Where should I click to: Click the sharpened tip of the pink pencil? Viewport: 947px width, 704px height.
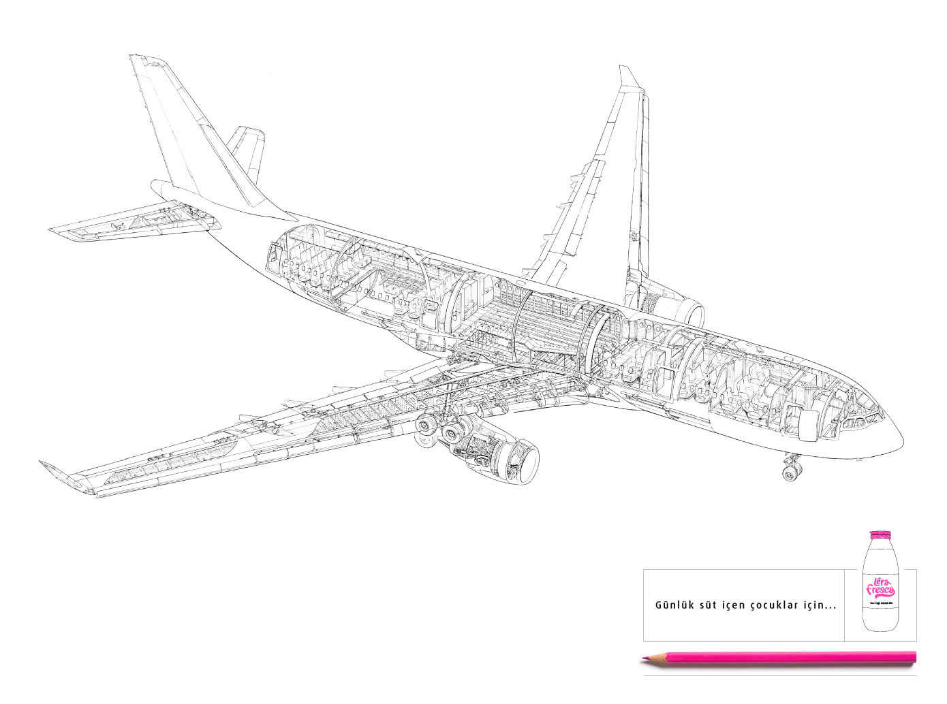(x=642, y=658)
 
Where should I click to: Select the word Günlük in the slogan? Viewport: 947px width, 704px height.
(x=672, y=605)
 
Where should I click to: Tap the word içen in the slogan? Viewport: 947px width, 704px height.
(x=735, y=605)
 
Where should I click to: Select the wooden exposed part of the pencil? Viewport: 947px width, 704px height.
(x=655, y=658)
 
